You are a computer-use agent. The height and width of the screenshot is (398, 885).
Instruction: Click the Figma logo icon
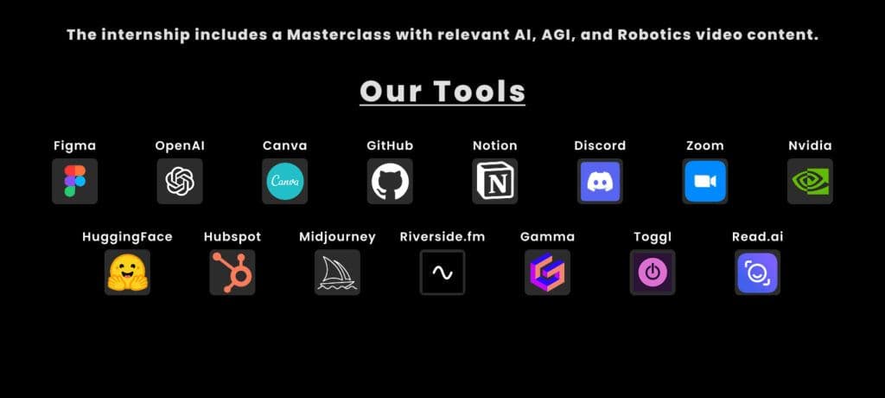pos(74,181)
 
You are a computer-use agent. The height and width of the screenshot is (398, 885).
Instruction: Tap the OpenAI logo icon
pos(180,181)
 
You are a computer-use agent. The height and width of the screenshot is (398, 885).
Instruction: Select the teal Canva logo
pos(284,181)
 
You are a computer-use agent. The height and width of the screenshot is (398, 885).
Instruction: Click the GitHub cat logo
pos(390,181)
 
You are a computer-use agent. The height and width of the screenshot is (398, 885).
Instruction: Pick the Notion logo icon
pos(495,181)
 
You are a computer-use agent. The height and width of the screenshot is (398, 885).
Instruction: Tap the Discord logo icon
pos(600,181)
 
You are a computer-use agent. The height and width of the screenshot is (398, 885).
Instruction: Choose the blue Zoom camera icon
pos(705,181)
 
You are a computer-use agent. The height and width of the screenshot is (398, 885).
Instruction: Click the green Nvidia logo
pos(810,181)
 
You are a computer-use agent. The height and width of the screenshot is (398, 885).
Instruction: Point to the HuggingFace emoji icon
pos(128,273)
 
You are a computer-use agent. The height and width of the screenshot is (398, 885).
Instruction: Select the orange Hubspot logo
pos(232,273)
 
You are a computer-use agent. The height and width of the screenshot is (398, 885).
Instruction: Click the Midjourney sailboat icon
pos(338,273)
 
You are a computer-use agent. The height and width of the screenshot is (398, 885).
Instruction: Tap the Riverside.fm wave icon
pos(442,273)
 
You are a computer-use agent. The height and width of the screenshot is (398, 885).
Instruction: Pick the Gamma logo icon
pos(547,273)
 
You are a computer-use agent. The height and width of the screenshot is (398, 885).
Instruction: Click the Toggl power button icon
pos(653,273)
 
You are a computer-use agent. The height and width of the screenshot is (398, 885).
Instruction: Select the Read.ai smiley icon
pos(757,273)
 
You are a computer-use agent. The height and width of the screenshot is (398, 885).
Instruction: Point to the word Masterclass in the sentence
pos(339,35)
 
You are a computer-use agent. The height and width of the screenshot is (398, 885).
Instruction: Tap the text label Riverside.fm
pos(442,237)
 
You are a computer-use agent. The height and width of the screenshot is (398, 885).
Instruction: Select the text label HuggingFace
pos(128,237)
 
